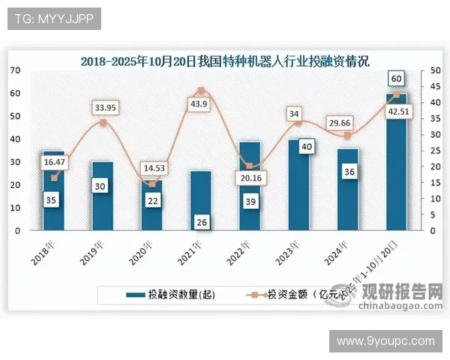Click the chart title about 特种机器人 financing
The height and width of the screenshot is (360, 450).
coord(225,61)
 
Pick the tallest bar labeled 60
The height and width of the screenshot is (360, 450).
coord(397,162)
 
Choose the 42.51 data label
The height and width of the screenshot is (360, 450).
coord(396,112)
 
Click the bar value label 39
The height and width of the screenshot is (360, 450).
coord(250,200)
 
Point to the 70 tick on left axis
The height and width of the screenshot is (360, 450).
coord(15,70)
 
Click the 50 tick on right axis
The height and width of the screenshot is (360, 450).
coord(424,70)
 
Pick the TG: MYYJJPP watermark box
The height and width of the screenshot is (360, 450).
coord(54,19)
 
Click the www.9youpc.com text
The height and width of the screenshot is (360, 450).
coord(385,341)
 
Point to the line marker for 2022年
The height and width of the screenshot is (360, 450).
coord(249,166)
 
